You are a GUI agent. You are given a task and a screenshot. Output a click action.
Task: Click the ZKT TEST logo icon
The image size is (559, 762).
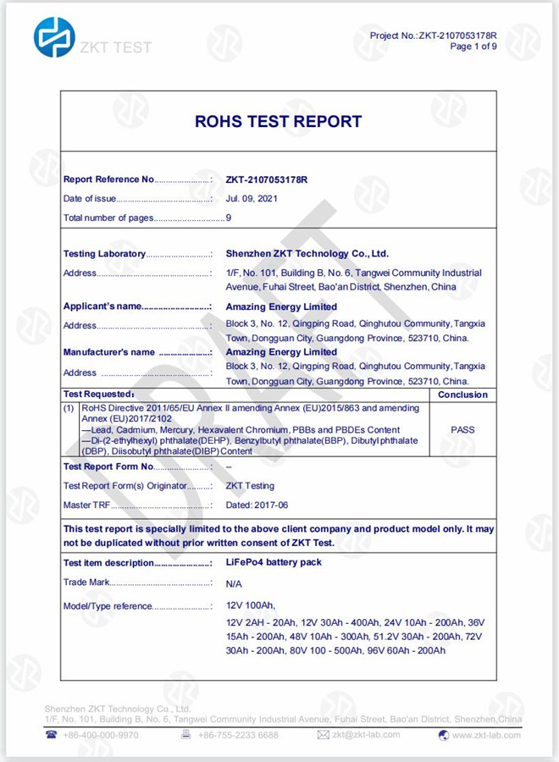54,37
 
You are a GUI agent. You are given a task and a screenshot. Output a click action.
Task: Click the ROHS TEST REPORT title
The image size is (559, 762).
279,121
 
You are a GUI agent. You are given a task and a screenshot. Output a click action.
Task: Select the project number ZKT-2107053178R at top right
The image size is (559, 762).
457,36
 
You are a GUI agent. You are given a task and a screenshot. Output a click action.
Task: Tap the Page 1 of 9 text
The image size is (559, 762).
473,47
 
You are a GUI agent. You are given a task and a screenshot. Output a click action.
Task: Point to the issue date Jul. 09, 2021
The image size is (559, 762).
251,198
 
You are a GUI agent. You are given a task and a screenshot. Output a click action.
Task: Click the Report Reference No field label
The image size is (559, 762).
108,179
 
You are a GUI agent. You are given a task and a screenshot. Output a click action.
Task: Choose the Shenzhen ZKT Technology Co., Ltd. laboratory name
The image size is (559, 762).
307,253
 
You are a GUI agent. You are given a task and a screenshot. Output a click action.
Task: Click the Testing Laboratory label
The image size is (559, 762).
104,254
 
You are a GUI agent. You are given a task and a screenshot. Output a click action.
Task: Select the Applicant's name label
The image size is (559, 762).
102,306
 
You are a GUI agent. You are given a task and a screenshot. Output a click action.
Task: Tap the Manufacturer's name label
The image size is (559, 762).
109,352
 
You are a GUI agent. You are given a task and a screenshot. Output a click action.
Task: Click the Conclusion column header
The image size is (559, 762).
462,395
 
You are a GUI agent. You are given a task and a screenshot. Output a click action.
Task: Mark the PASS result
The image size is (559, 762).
463,429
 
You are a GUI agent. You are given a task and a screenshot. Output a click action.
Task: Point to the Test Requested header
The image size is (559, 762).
98,395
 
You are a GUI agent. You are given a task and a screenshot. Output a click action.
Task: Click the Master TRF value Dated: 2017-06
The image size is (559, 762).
263,505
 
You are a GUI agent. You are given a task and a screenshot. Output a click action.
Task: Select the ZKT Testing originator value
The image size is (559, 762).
250,486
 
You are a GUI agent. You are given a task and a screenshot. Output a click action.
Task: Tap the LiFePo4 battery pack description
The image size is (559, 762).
274,562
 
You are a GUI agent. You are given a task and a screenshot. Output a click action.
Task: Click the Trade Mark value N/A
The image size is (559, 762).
235,584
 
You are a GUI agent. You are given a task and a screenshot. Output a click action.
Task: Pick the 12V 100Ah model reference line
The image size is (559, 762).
252,606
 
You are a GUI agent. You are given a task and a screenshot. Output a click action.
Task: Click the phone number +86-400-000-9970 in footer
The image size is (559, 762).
99,735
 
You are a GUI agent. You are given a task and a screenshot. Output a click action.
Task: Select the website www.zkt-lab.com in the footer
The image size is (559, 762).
486,735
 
